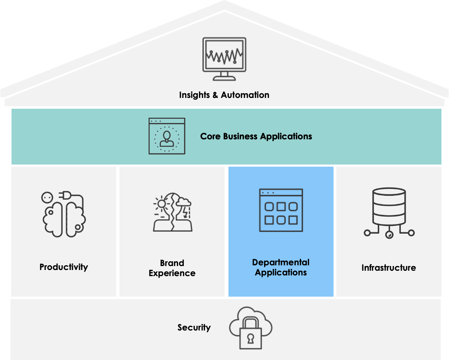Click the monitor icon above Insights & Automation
pyautogui.click(x=224, y=59)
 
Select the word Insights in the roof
pyautogui.click(x=194, y=95)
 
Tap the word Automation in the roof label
pyautogui.click(x=245, y=95)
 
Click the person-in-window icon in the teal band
pyautogui.click(x=167, y=136)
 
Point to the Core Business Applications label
pyautogui.click(x=256, y=136)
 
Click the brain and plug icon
pyautogui.click(x=64, y=215)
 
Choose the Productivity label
pyautogui.click(x=64, y=267)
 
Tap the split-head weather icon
pyautogui.click(x=172, y=212)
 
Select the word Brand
pyautogui.click(x=172, y=263)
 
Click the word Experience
pyautogui.click(x=172, y=273)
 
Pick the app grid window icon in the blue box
pyautogui.click(x=281, y=210)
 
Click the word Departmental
pyautogui.click(x=281, y=262)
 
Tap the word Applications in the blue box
pyautogui.click(x=281, y=273)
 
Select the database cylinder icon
pyautogui.click(x=389, y=212)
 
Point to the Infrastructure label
pyautogui.click(x=389, y=268)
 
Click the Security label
pyautogui.click(x=194, y=328)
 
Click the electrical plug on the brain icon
pyautogui.click(x=68, y=196)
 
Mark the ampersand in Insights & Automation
pyautogui.click(x=216, y=95)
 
